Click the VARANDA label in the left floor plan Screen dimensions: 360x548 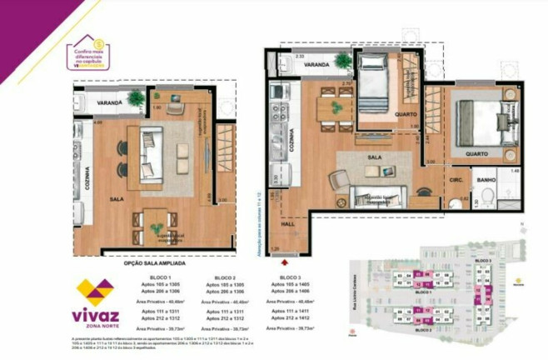[x=109, y=102]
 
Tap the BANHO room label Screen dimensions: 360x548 [x=486, y=180]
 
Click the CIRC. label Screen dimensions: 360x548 [x=456, y=178]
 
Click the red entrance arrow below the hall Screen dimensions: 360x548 [x=284, y=260]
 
